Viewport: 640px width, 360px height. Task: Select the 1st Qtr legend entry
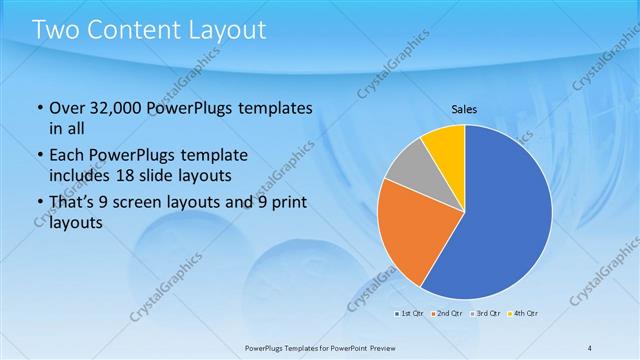(x=406, y=314)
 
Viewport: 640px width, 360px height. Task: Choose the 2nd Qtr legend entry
(x=445, y=314)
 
